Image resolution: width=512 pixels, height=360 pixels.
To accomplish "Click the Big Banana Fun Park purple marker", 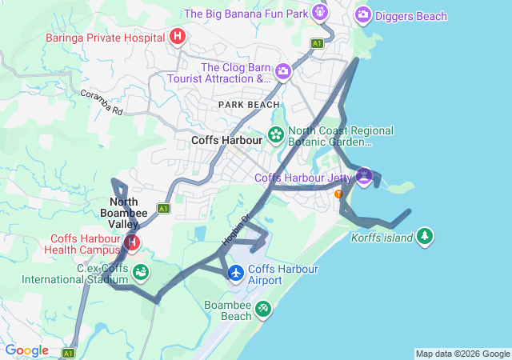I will [320, 13].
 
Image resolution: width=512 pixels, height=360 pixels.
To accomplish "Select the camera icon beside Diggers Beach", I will [363, 14].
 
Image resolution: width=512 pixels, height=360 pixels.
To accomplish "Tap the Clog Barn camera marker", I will [283, 73].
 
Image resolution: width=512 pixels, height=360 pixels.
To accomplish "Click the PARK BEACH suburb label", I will [249, 104].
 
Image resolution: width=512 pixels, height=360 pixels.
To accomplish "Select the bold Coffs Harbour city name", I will [227, 139].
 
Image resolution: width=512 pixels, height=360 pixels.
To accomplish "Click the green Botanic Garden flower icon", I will [276, 134].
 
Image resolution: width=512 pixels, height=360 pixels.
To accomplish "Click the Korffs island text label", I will [382, 237].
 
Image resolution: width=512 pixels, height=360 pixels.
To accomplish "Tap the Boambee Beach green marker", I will [264, 309].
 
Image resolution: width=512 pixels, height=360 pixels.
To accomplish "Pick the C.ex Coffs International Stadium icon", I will [141, 273].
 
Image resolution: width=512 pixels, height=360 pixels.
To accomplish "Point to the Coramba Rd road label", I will [102, 103].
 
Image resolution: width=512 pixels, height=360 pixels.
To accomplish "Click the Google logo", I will [26, 350].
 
